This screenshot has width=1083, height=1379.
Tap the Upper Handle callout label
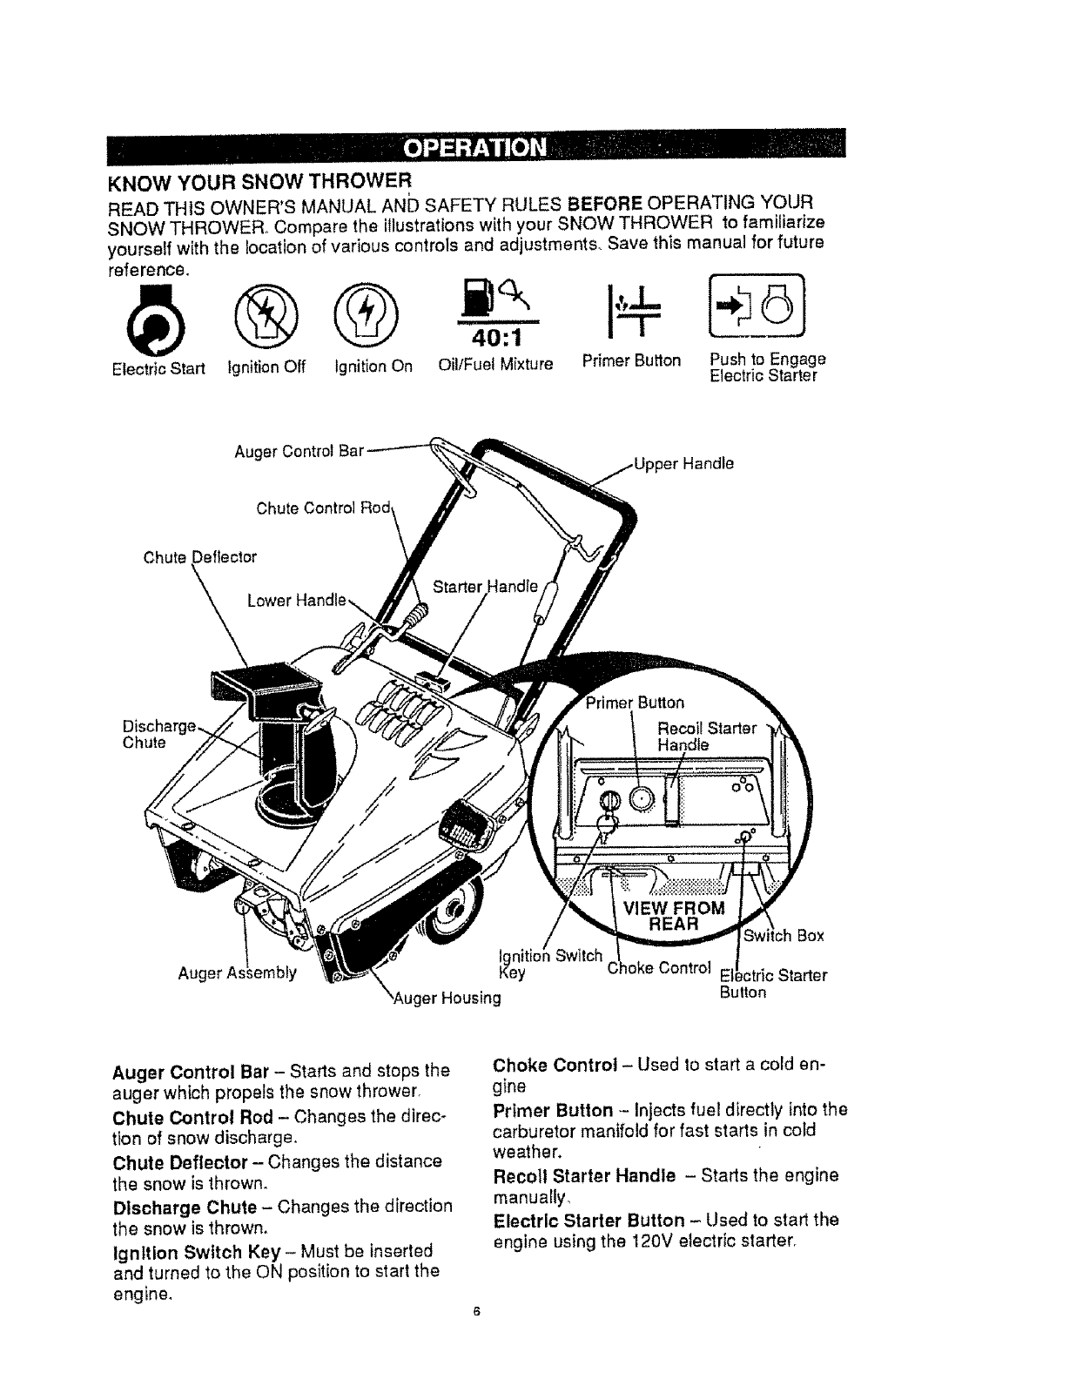coord(683,463)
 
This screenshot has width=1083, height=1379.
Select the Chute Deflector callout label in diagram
coord(200,556)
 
